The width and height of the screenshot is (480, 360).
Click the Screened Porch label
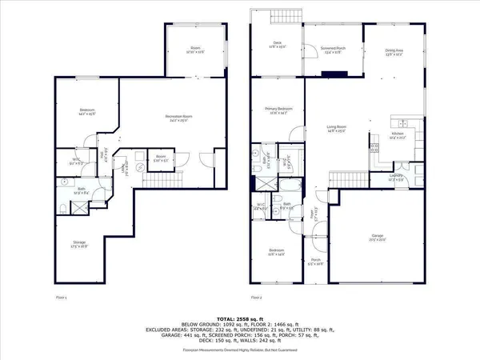click(x=332, y=48)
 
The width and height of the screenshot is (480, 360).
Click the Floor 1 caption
click(x=61, y=297)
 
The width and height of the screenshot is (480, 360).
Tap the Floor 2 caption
click(x=256, y=297)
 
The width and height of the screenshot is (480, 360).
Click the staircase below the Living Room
click(x=342, y=180)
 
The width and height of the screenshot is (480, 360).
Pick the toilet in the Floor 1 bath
click(x=62, y=210)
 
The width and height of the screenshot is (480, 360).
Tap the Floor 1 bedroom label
click(x=87, y=110)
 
